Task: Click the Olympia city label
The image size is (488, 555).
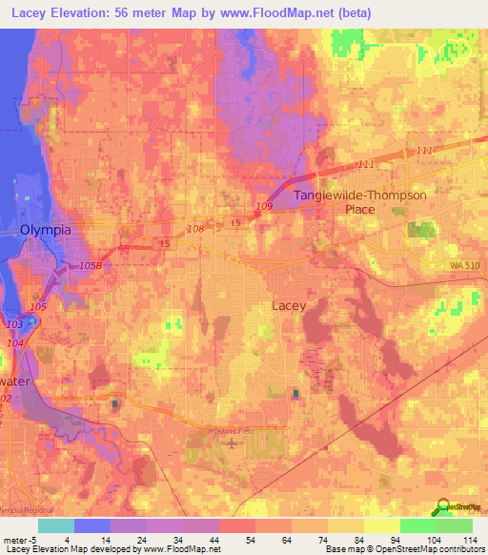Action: (x=46, y=230)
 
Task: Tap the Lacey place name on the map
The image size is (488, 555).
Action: (x=289, y=305)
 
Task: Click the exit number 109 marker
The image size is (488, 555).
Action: (x=264, y=206)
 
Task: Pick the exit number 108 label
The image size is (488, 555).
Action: (x=195, y=229)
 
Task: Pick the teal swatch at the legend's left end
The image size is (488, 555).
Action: (x=56, y=525)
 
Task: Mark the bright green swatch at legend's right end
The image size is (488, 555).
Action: (x=455, y=525)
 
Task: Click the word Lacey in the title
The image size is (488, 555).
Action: (x=28, y=13)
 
